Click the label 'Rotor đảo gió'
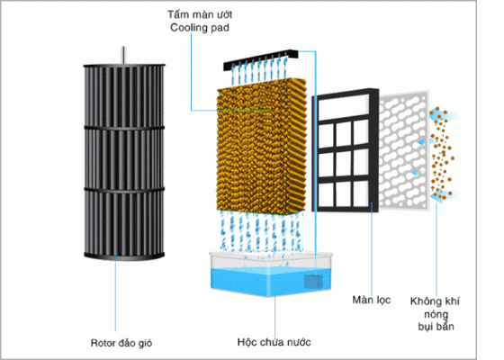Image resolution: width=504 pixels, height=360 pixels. [121, 343]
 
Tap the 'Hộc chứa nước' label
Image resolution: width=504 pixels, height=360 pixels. [274, 342]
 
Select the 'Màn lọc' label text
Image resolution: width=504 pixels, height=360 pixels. [371, 300]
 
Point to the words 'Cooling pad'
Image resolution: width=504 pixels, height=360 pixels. [200, 28]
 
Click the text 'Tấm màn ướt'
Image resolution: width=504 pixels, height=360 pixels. [200, 14]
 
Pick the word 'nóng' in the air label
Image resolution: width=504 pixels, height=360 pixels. [436, 314]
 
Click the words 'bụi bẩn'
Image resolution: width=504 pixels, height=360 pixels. [436, 327]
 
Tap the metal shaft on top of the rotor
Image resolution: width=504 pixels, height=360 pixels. [123, 55]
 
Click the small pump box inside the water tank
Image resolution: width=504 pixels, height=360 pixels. [313, 282]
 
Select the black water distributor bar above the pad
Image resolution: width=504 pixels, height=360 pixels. [261, 59]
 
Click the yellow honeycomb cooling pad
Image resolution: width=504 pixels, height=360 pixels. [261, 146]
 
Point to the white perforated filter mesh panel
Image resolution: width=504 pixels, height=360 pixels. [404, 150]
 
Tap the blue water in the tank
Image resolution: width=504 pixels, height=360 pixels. [271, 281]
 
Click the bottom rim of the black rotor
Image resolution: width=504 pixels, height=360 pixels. [124, 256]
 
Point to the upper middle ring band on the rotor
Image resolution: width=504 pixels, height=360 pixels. [124, 128]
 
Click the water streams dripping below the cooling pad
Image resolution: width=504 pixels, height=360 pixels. [261, 231]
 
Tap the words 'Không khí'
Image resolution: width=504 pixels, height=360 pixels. [435, 301]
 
